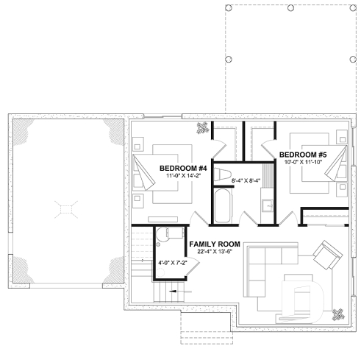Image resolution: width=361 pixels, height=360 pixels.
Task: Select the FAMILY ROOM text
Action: coord(214,243)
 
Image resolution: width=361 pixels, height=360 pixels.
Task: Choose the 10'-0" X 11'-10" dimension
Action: coord(302,162)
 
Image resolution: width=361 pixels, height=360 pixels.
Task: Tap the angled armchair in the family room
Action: coord(326,258)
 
